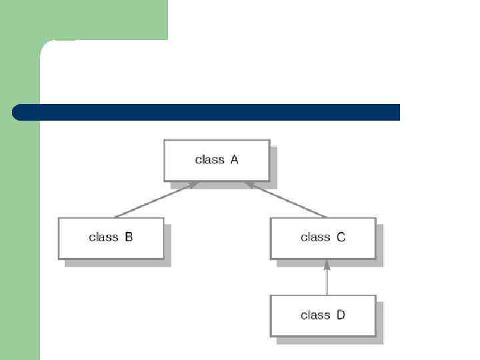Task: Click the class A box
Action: pos(217,160)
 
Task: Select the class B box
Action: pos(111,238)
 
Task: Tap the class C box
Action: pos(323,238)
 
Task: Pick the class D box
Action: pos(323,315)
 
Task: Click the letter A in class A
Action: pos(234,160)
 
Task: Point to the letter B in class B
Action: pos(129,237)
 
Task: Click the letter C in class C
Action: pos(341,237)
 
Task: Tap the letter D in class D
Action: pos(341,315)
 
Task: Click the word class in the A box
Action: pos(209,160)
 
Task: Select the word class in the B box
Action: pos(103,237)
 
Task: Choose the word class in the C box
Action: pos(315,237)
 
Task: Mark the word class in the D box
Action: pos(315,315)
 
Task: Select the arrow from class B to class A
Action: pos(156,199)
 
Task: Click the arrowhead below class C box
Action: pos(327,265)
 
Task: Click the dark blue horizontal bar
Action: pos(207,112)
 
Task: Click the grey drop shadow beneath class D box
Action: pos(330,340)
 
